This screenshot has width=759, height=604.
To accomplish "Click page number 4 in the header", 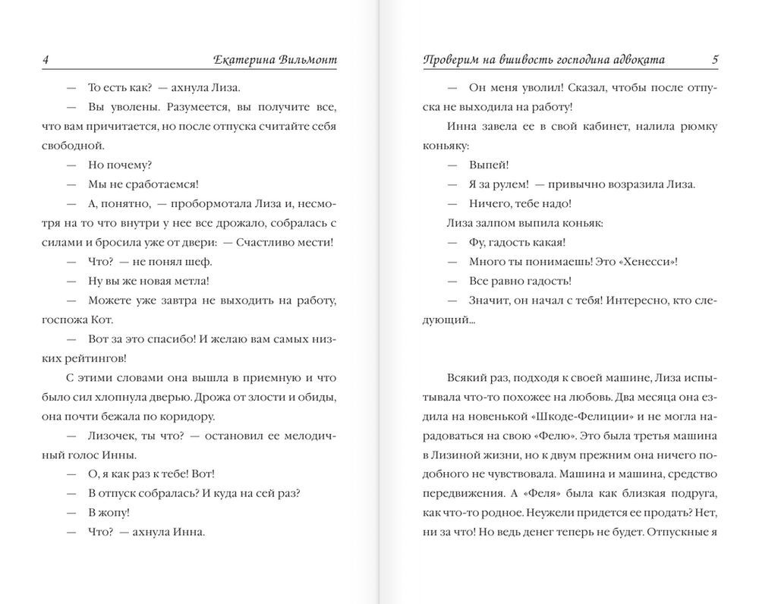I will coord(47,59).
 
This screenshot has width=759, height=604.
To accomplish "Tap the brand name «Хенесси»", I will coord(644,261).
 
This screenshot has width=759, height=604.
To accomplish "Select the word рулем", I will coord(504,184).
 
